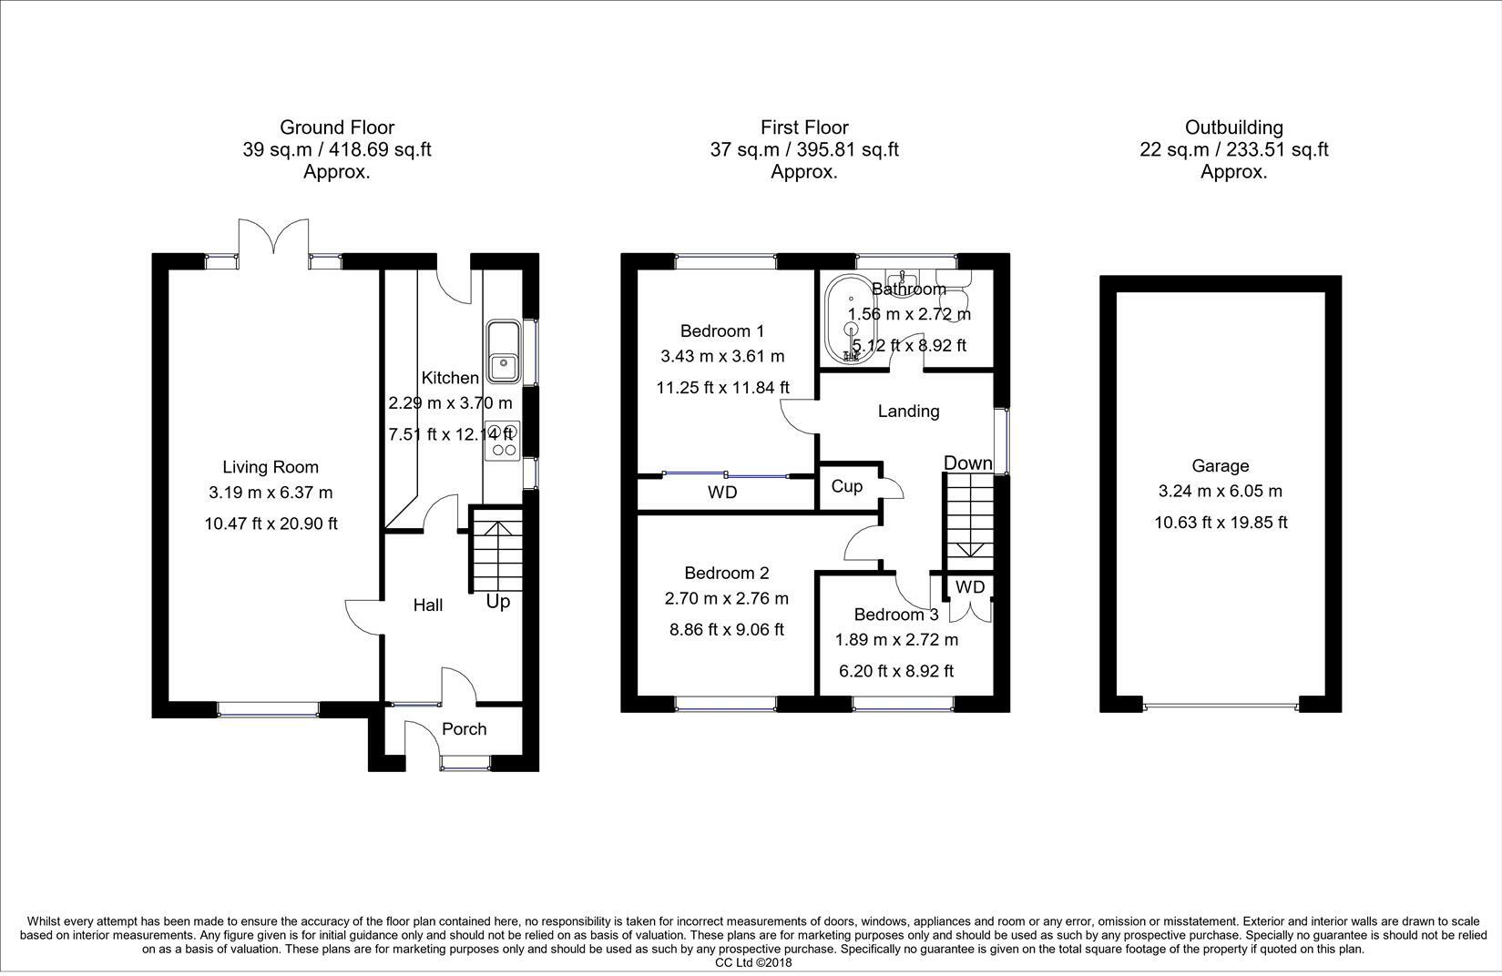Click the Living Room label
pyautogui.click(x=271, y=467)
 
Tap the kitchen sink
pyautogui.click(x=504, y=353)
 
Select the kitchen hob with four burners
pyautogui.click(x=502, y=441)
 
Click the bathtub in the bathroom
pyautogui.click(x=850, y=319)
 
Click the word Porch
pyautogui.click(x=464, y=728)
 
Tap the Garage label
pyautogui.click(x=1221, y=466)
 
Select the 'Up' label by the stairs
pyautogui.click(x=498, y=602)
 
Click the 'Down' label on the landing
pyautogui.click(x=968, y=463)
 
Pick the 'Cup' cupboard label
pyautogui.click(x=847, y=487)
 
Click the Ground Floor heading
pyautogui.click(x=337, y=127)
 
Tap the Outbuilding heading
pyautogui.click(x=1234, y=127)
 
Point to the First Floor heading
pyautogui.click(x=804, y=127)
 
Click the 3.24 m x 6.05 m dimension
pyautogui.click(x=1221, y=492)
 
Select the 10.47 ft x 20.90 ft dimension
pyautogui.click(x=271, y=524)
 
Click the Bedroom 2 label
pyautogui.click(x=727, y=574)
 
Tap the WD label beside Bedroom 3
pyautogui.click(x=970, y=587)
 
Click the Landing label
pyautogui.click(x=908, y=411)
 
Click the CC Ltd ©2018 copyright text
pyautogui.click(x=753, y=962)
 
